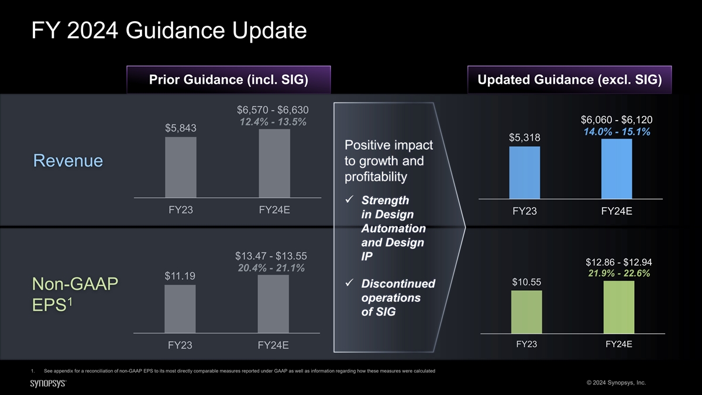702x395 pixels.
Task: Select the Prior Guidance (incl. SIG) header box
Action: [x=229, y=80]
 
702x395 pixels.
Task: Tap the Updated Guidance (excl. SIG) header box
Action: [x=570, y=80]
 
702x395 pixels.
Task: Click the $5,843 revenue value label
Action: [x=180, y=128]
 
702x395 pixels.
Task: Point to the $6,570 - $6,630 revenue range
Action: [x=273, y=110]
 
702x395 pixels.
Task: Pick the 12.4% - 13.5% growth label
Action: [x=273, y=122]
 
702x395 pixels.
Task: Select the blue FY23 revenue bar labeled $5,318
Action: [x=524, y=173]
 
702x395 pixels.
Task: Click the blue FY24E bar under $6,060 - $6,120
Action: [x=617, y=169]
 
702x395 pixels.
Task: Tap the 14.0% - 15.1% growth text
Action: [x=617, y=132]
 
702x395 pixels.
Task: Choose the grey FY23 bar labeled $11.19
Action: [x=180, y=309]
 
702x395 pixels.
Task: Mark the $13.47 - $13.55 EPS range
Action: [x=271, y=256]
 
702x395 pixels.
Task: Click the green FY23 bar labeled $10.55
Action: [x=526, y=312]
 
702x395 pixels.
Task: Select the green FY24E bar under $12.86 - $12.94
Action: [x=619, y=307]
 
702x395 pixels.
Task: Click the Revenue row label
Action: [x=68, y=160]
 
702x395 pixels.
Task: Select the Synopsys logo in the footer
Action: [x=48, y=382]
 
